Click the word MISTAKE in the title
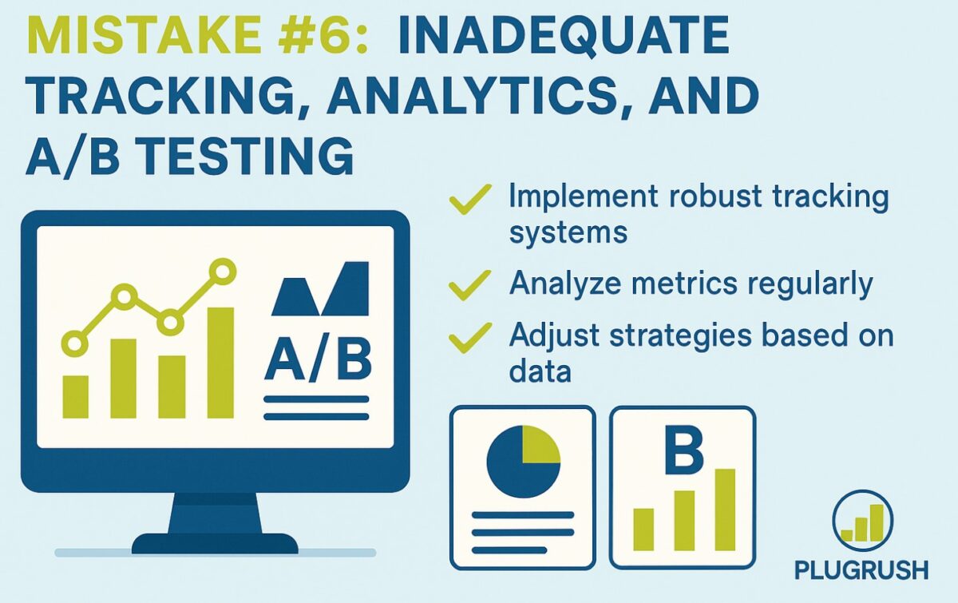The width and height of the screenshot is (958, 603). coord(144,35)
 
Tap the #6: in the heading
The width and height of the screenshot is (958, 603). coord(323,35)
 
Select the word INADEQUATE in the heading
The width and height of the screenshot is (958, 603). coord(564,36)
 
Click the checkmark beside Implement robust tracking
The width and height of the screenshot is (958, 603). coord(470,199)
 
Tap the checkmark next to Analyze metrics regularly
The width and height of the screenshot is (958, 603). coord(469,285)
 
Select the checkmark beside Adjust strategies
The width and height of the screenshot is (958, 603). coord(470,338)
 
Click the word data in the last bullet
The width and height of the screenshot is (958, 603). coord(540,371)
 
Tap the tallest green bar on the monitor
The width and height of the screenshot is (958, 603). coord(220,363)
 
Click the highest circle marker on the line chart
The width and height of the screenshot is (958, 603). coord(223,272)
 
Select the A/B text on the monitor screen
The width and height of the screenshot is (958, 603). coord(319,360)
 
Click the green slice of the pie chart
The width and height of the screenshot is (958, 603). coord(540,445)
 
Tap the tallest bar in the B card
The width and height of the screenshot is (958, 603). coord(725,510)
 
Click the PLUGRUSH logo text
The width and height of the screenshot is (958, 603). coord(861,570)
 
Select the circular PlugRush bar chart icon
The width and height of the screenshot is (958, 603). coord(863,521)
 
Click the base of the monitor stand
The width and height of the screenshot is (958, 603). coord(215,544)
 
